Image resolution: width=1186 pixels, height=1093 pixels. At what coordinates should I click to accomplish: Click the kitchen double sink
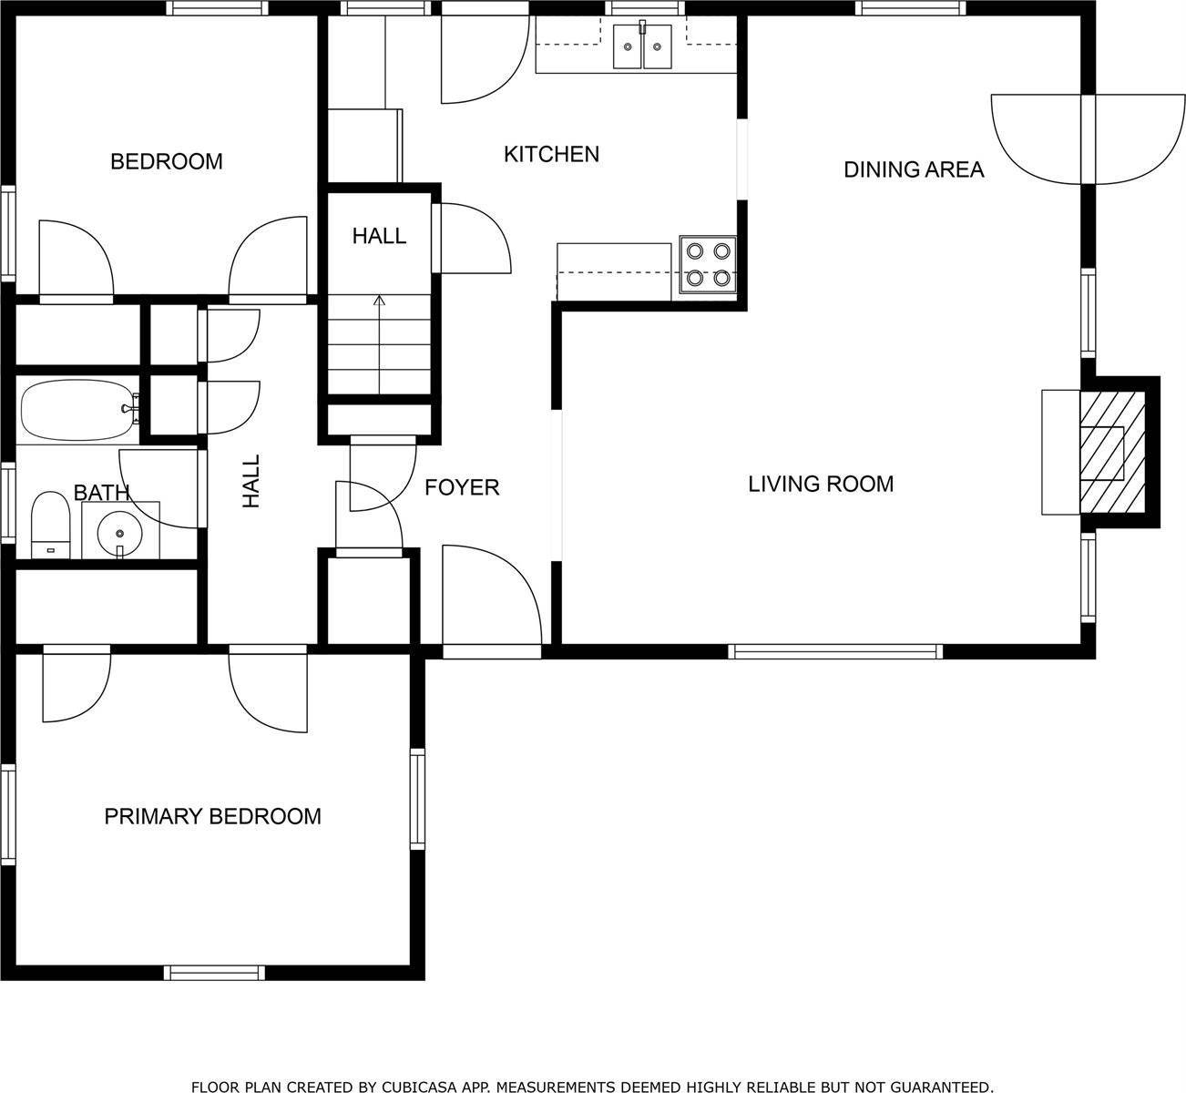click(x=642, y=47)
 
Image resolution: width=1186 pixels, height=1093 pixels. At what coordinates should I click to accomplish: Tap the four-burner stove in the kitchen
click(x=709, y=265)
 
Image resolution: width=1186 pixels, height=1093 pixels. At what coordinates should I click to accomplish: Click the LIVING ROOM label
click(x=820, y=484)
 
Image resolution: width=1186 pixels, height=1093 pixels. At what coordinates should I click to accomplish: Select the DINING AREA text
click(x=914, y=169)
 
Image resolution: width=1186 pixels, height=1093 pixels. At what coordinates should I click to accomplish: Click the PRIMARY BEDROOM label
click(x=212, y=816)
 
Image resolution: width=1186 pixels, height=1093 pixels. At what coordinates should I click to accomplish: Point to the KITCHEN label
click(x=551, y=154)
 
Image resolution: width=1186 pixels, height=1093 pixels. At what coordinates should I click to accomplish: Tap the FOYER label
click(x=462, y=488)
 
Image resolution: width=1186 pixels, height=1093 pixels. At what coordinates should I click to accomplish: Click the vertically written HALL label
click(x=251, y=482)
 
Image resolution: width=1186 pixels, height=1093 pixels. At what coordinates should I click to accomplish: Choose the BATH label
click(x=101, y=493)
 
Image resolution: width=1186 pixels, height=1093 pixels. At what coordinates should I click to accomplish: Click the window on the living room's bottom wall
click(x=834, y=651)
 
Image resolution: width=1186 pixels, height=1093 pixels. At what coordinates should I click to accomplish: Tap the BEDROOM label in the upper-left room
click(x=166, y=162)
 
